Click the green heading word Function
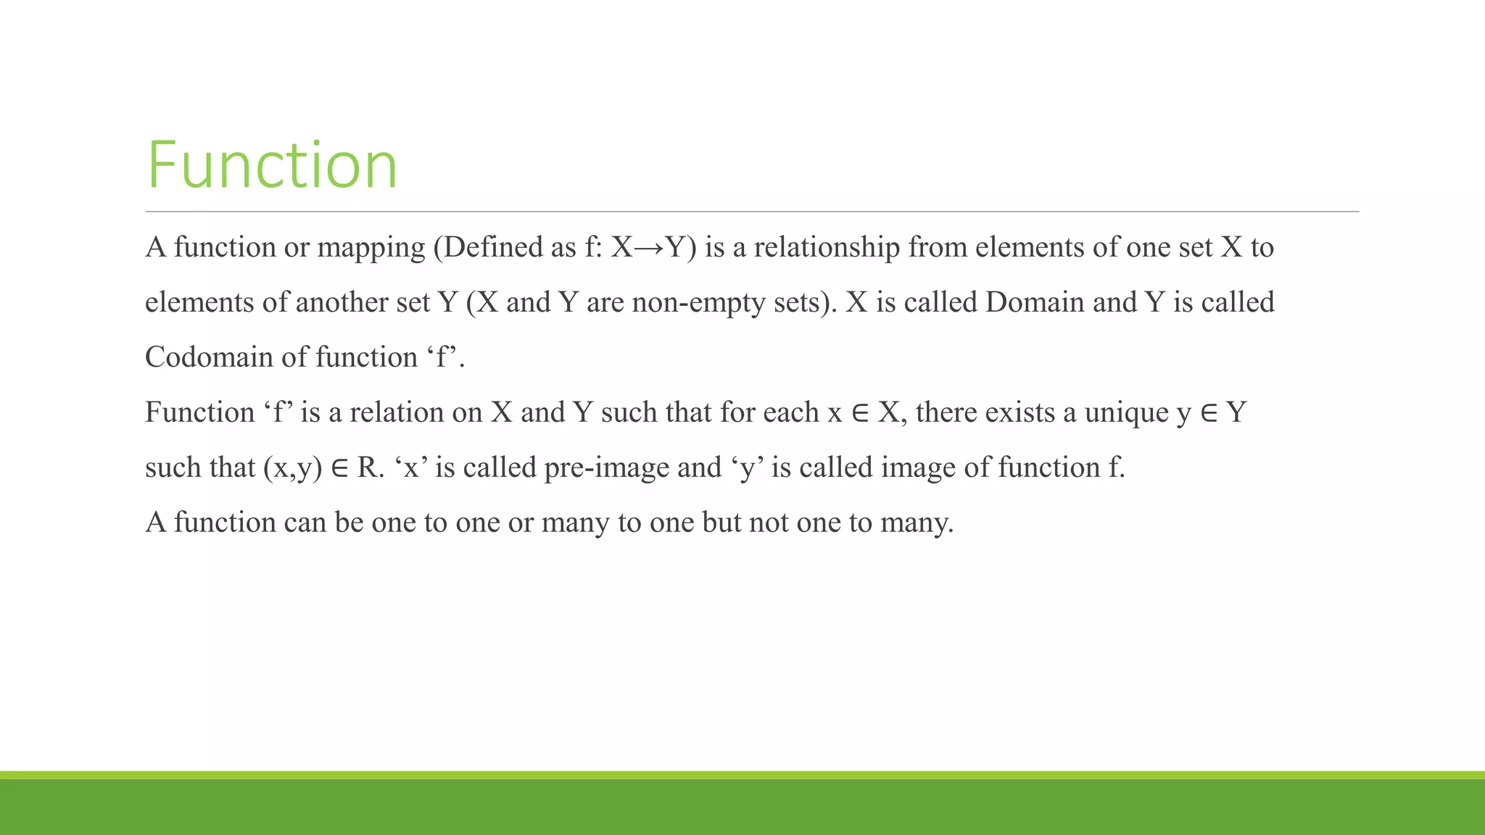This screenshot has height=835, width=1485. [272, 165]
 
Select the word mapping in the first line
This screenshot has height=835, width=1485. [371, 249]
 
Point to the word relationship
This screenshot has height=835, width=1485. [827, 248]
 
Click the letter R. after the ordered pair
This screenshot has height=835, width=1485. [369, 468]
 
